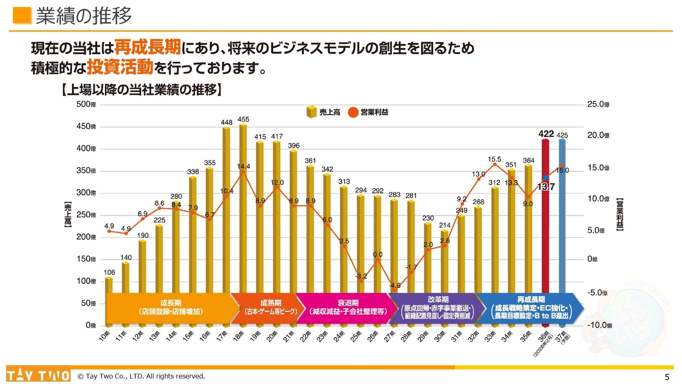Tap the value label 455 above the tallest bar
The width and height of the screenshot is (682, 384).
point(243,119)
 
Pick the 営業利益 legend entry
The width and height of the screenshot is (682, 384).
point(368,112)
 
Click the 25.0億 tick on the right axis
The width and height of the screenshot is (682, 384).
point(598,105)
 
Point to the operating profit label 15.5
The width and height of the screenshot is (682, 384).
point(494,159)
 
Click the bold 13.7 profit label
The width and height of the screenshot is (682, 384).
point(546,187)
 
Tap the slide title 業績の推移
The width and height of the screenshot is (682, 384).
point(84,16)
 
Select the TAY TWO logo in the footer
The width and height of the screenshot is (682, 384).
point(38,375)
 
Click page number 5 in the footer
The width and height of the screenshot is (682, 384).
point(667,377)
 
